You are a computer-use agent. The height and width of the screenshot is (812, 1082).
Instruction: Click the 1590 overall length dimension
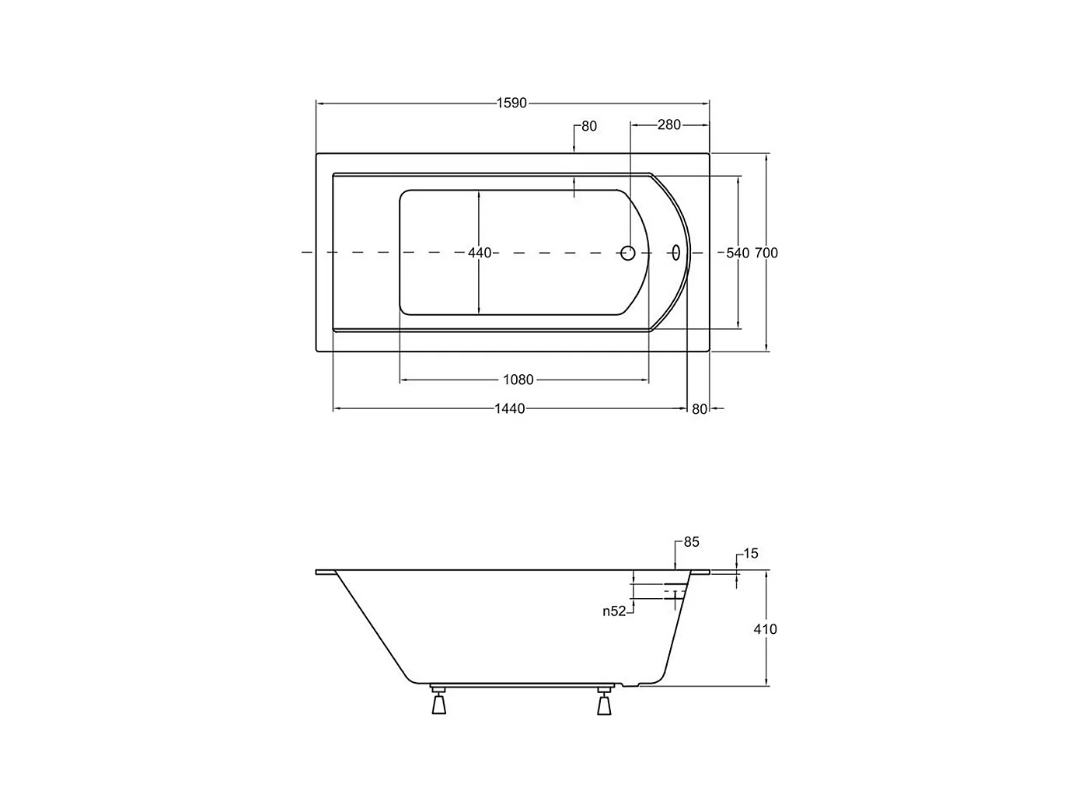pyautogui.click(x=511, y=103)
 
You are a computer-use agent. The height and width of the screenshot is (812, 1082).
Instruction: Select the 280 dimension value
pyautogui.click(x=669, y=124)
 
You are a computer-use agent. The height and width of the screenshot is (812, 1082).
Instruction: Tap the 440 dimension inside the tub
pyautogui.click(x=479, y=253)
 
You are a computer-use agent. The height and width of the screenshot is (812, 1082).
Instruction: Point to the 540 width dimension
pyautogui.click(x=738, y=253)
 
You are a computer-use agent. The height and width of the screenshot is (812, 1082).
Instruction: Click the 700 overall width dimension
pyautogui.click(x=766, y=253)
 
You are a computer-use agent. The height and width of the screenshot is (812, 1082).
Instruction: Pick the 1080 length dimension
pyautogui.click(x=518, y=380)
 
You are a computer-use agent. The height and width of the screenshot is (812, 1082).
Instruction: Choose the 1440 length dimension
pyautogui.click(x=510, y=408)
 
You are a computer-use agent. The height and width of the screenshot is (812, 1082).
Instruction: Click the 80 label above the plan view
pyautogui.click(x=589, y=127)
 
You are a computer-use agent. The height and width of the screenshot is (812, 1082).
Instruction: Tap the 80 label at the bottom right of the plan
pyautogui.click(x=700, y=409)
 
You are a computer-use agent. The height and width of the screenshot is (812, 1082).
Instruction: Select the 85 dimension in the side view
pyautogui.click(x=692, y=542)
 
